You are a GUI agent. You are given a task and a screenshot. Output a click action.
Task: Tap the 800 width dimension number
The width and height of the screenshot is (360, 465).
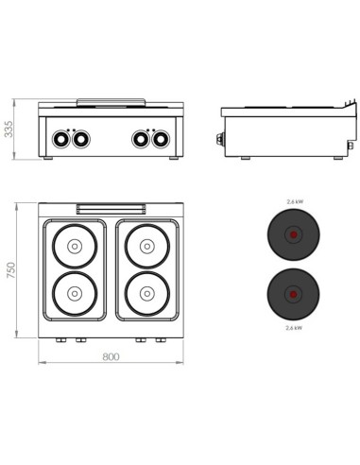[111, 357]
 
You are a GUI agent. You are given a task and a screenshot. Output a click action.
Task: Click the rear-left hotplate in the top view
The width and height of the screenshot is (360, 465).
[74, 247]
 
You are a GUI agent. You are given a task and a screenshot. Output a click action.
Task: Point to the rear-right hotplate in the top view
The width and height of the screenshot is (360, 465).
[147, 247]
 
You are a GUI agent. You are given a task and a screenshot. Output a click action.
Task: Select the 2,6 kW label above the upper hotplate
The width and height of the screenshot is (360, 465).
[294, 202]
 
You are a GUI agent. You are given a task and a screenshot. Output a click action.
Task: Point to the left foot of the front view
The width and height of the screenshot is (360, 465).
[49, 158]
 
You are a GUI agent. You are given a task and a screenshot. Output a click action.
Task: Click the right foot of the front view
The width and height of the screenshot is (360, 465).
[173, 158]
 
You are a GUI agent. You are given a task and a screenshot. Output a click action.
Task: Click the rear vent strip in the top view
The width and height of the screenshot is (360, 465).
[111, 208]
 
